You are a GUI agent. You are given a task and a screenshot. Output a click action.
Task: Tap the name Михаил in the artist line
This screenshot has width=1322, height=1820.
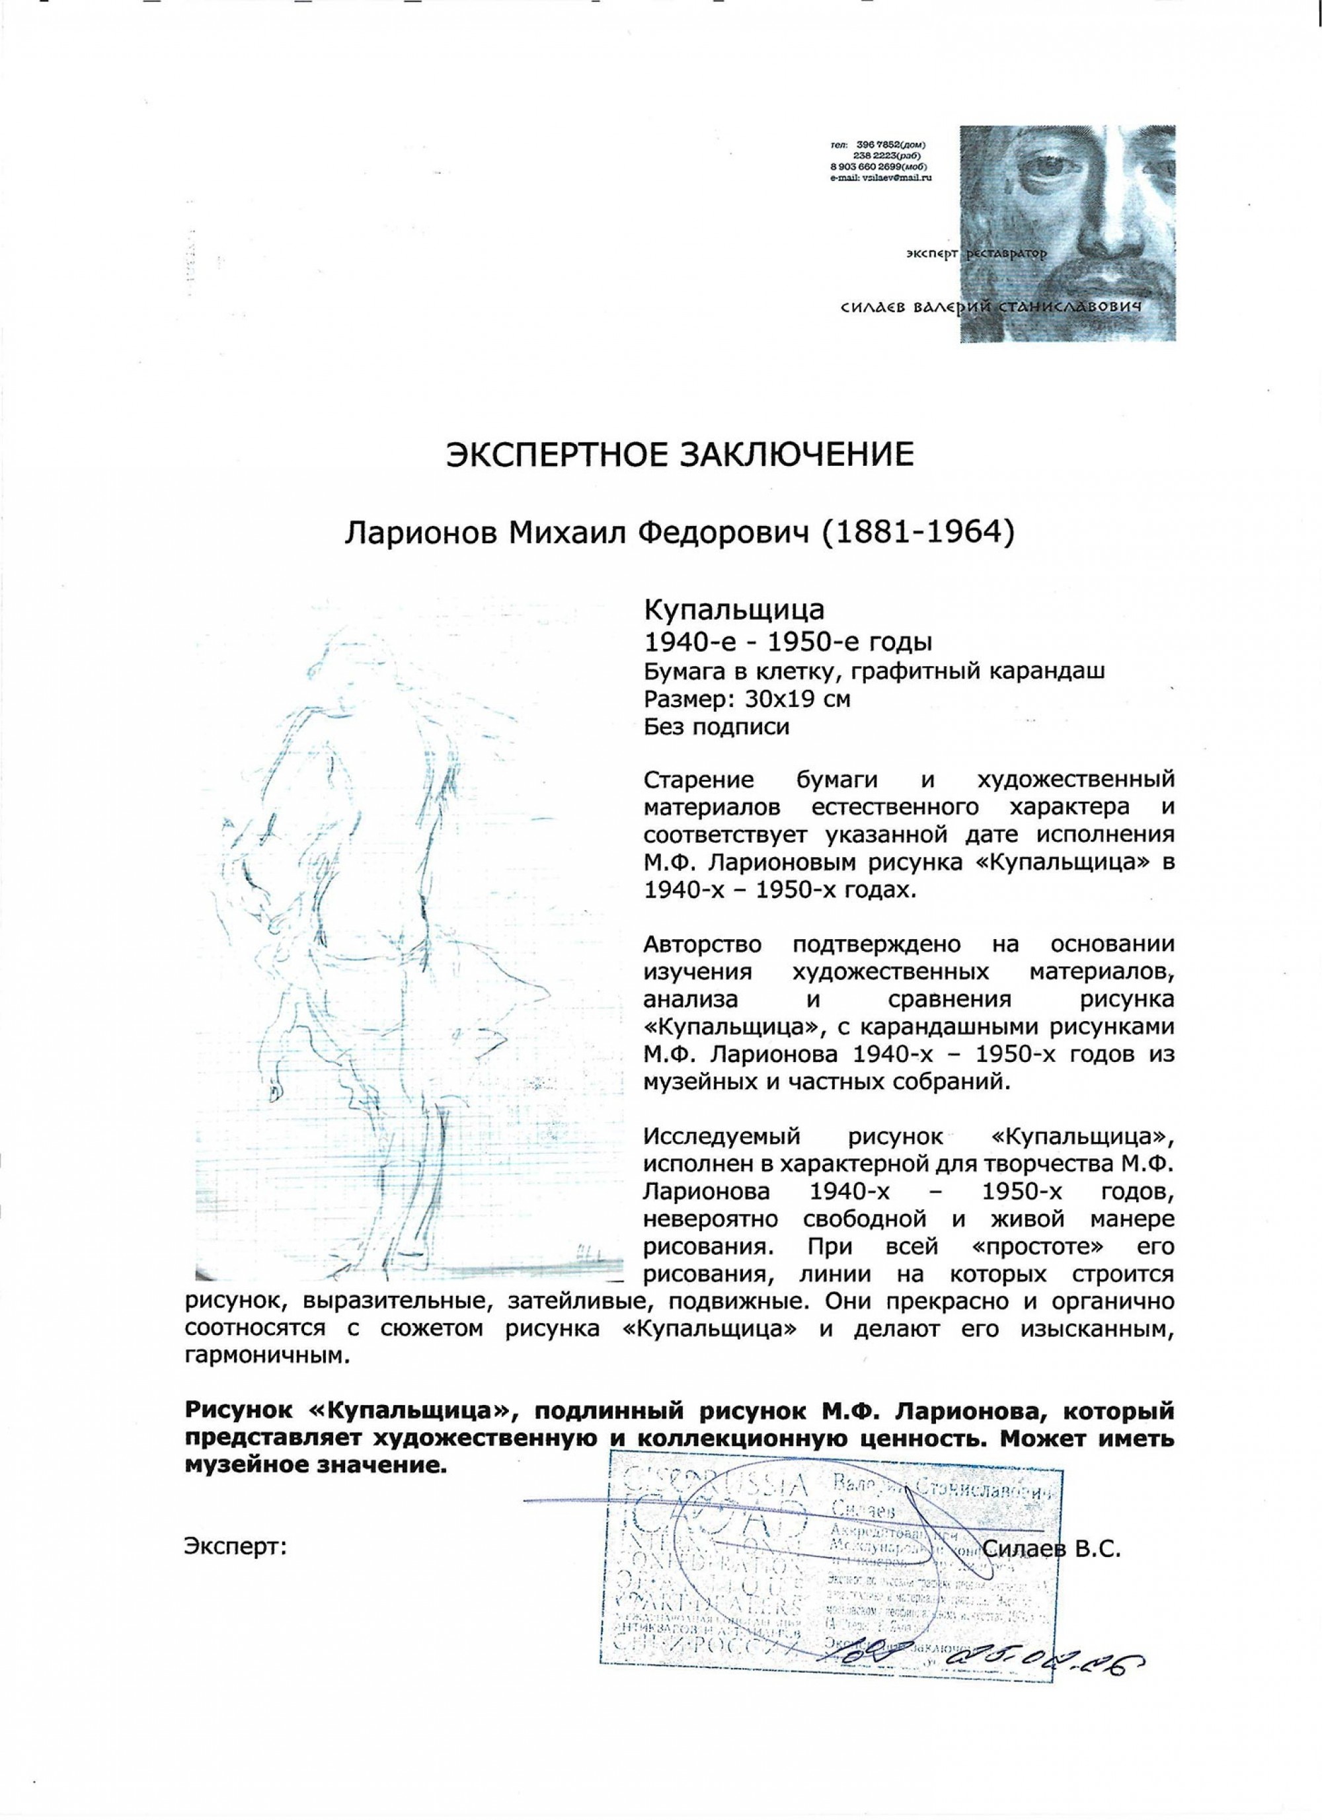pos(543,532)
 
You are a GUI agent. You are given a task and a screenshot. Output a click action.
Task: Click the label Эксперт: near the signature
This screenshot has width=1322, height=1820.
pos(235,1546)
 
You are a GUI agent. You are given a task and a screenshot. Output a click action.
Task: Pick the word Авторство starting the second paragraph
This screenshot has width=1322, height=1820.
pos(704,944)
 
